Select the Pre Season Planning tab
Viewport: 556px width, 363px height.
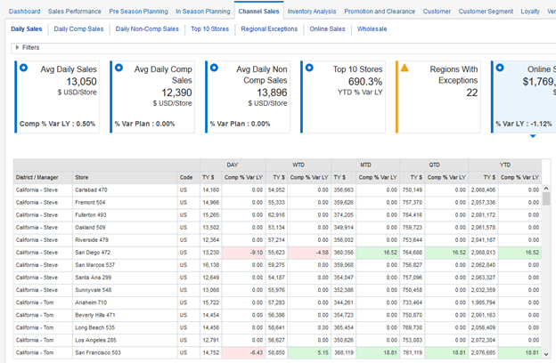click(x=138, y=12)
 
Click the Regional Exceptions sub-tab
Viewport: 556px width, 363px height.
click(x=269, y=29)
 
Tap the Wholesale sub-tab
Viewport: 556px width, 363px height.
click(x=372, y=29)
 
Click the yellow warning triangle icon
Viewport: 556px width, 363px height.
click(x=404, y=68)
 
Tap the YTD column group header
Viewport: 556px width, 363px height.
click(x=505, y=165)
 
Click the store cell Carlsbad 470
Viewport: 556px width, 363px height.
click(x=91, y=190)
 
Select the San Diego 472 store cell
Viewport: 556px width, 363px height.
click(x=92, y=252)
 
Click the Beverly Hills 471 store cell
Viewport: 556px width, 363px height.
click(x=94, y=314)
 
